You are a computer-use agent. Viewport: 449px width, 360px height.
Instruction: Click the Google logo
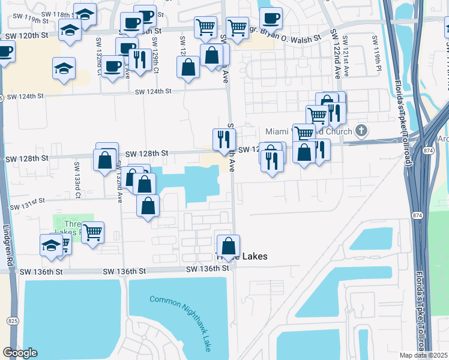(20, 353)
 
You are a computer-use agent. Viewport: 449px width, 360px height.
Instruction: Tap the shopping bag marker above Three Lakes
(228, 246)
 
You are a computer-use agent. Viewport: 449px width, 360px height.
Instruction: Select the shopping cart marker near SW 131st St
(92, 232)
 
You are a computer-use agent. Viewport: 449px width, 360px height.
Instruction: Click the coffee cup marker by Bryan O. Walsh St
(270, 17)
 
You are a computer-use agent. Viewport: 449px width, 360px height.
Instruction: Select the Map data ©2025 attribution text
(423, 355)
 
